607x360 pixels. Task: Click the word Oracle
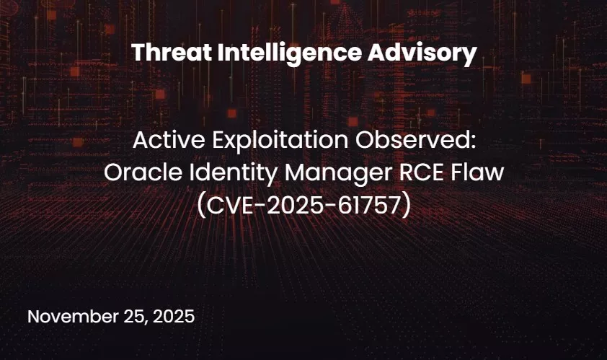click(x=133, y=173)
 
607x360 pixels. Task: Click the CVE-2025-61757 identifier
click(x=303, y=205)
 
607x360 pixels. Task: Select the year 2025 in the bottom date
click(x=172, y=317)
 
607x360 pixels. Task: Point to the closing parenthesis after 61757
click(x=407, y=206)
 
